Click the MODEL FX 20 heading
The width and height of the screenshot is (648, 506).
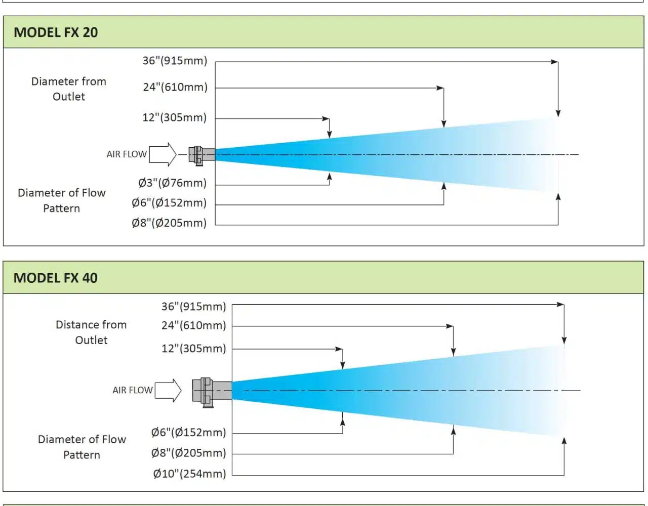(56, 32)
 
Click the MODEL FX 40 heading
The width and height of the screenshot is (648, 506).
(55, 278)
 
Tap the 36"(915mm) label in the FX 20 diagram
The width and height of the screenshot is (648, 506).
(175, 61)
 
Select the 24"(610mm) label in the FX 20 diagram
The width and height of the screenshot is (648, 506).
(175, 87)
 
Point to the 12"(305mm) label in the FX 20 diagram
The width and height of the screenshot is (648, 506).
(174, 117)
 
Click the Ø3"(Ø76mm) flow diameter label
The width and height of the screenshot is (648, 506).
(172, 183)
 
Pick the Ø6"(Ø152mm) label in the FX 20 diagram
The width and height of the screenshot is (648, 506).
(169, 203)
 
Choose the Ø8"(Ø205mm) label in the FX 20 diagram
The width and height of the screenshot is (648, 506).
(169, 223)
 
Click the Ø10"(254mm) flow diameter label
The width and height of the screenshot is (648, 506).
(189, 474)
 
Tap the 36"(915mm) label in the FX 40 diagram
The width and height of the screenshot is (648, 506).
(193, 307)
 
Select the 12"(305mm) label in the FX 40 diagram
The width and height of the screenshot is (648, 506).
(193, 349)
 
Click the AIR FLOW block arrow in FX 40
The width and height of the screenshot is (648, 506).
(168, 390)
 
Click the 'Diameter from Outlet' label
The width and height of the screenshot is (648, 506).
(69, 89)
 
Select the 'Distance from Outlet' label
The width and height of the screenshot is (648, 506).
(91, 332)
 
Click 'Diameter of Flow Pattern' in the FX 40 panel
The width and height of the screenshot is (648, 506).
(82, 447)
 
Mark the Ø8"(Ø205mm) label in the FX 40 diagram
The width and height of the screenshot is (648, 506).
(188, 453)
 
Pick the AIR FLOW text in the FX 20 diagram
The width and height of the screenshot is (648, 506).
(127, 154)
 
